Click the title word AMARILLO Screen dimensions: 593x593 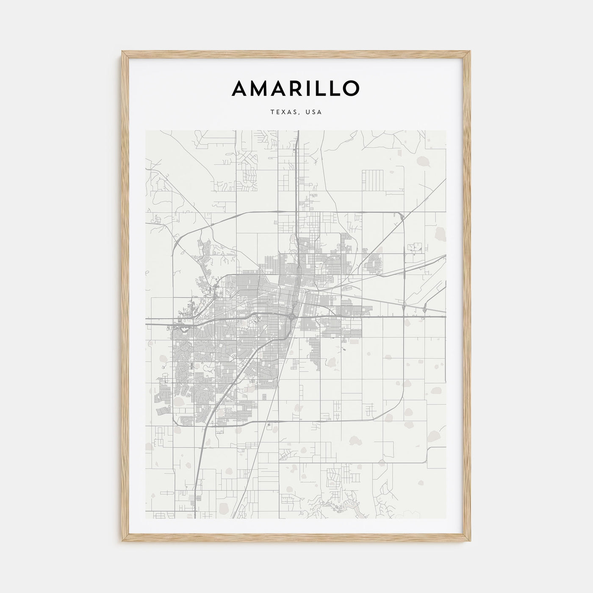tap(296, 88)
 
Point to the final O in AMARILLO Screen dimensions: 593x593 tap(351, 88)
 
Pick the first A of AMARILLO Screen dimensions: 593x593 tap(240, 88)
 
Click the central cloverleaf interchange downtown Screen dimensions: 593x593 tap(292, 316)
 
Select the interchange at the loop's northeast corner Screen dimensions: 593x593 tap(401, 216)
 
